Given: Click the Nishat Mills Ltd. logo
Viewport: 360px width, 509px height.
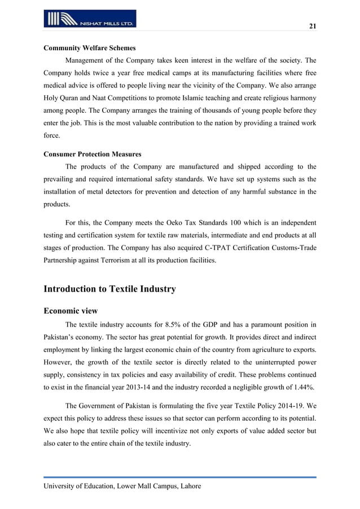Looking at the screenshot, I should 90,19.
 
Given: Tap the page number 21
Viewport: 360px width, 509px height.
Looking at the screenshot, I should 311,27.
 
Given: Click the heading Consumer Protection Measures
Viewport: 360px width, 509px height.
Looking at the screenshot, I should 93,154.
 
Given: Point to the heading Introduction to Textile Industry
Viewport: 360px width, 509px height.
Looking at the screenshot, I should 109,289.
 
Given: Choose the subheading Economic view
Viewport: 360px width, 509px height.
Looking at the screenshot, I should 71,310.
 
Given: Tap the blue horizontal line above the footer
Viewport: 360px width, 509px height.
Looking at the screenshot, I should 180,477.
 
